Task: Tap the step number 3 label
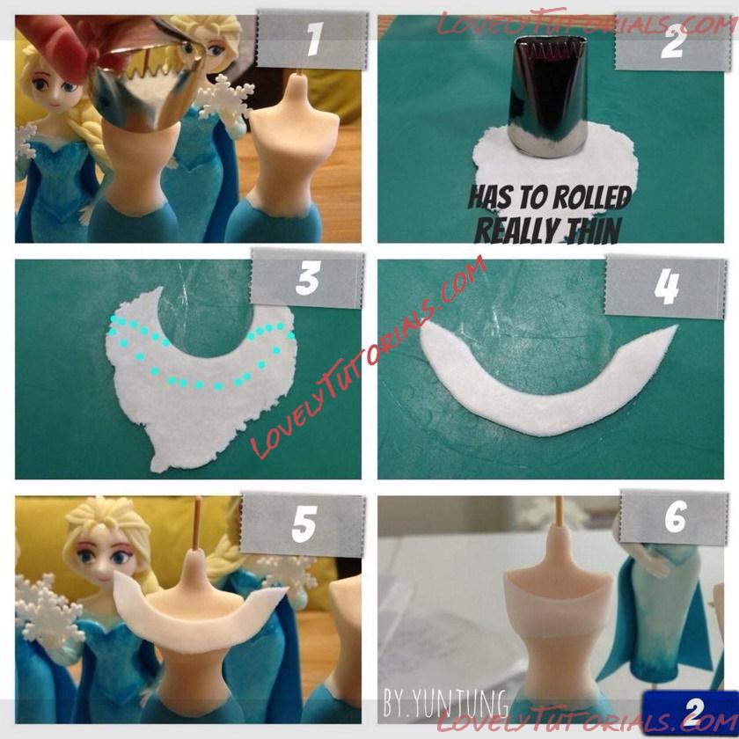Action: (x=308, y=279)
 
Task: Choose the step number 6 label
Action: (x=676, y=517)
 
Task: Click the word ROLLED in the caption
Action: (x=589, y=197)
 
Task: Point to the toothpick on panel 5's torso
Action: (x=198, y=523)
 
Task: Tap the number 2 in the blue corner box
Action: (x=693, y=712)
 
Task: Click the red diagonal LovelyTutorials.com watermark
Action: (x=368, y=358)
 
